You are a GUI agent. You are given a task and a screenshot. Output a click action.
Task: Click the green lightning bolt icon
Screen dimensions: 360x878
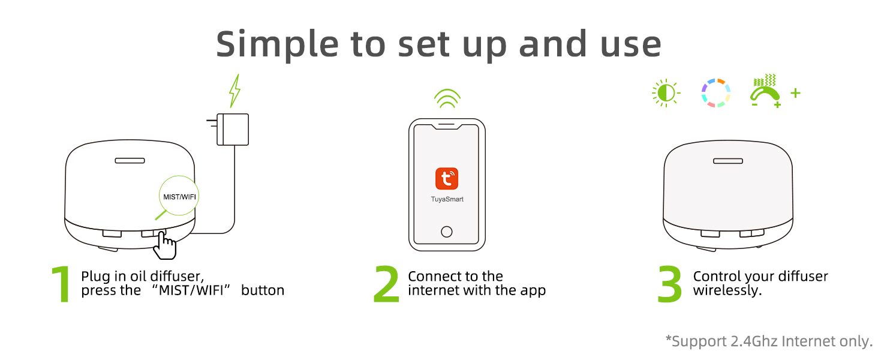pyautogui.click(x=235, y=91)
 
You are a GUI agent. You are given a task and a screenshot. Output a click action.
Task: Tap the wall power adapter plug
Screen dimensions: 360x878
pyautogui.click(x=231, y=129)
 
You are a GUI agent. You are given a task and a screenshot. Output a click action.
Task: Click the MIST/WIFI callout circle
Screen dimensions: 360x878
pyautogui.click(x=179, y=196)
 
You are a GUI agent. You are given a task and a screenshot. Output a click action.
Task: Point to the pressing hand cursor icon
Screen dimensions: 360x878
pyautogui.click(x=165, y=245)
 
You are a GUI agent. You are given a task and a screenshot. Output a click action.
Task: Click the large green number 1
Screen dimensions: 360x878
pyautogui.click(x=62, y=284)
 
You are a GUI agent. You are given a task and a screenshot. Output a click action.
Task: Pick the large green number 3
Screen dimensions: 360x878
pyautogui.click(x=670, y=284)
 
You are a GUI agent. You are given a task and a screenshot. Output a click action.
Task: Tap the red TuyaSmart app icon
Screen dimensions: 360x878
pyautogui.click(x=447, y=179)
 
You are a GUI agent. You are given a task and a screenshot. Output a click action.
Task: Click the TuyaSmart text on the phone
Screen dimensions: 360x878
pyautogui.click(x=447, y=199)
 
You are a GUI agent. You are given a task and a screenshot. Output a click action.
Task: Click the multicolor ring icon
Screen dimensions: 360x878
pyautogui.click(x=715, y=94)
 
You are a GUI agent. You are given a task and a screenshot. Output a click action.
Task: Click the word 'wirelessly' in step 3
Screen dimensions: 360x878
pyautogui.click(x=726, y=291)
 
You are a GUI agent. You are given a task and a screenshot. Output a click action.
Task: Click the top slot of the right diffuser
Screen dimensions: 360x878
pyautogui.click(x=727, y=161)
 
